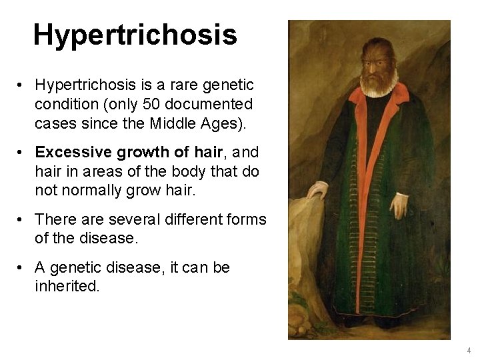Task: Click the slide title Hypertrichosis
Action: tap(135, 35)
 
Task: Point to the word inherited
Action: tap(67, 287)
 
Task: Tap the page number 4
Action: tap(469, 350)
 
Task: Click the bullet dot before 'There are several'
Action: tap(23, 219)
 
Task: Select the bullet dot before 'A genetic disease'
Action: tap(23, 268)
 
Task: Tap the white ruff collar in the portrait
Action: tap(378, 87)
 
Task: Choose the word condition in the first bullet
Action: tap(63, 105)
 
